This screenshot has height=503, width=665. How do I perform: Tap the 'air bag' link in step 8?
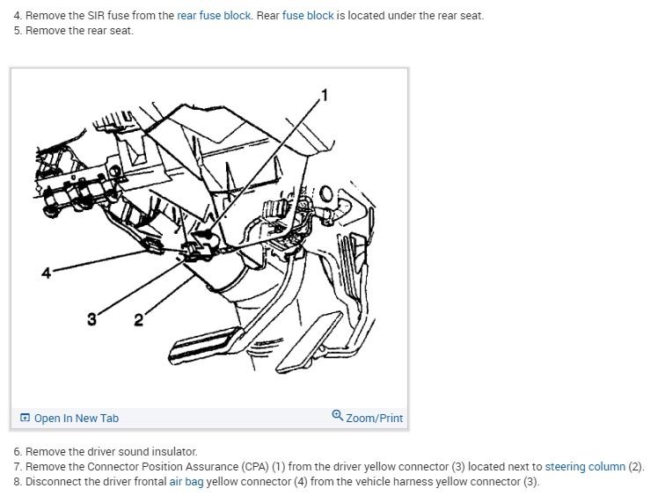click(186, 481)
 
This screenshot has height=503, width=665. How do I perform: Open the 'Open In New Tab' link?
click(76, 418)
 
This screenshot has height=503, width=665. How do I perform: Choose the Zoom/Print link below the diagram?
click(374, 418)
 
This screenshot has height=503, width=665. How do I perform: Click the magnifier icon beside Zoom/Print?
click(338, 417)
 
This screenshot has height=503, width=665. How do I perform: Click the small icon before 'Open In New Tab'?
click(25, 418)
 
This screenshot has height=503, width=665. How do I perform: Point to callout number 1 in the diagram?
click(324, 94)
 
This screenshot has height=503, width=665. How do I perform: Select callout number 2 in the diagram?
click(138, 320)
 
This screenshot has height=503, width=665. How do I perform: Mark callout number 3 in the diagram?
click(91, 318)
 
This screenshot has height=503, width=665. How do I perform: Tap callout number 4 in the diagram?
click(46, 273)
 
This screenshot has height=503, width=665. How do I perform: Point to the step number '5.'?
click(18, 31)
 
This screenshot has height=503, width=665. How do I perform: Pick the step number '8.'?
click(18, 481)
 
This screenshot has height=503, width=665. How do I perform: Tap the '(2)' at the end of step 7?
click(636, 466)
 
